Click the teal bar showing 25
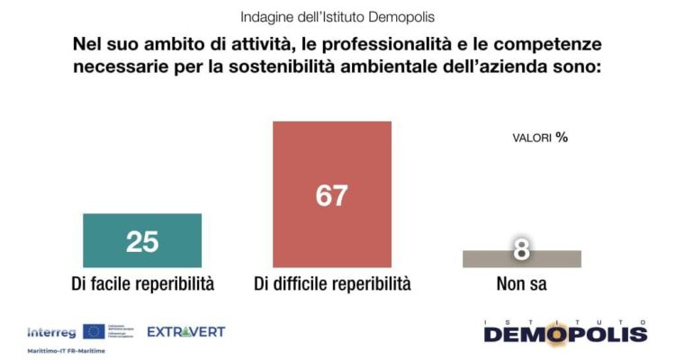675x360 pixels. click(x=142, y=240)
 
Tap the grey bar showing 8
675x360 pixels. click(x=521, y=259)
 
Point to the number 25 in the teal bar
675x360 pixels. click(x=142, y=241)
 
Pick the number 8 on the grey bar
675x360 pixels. click(x=521, y=250)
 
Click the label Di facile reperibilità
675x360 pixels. click(x=142, y=283)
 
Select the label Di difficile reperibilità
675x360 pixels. click(x=332, y=283)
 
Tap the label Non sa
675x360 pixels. click(x=521, y=283)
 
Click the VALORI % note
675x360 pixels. click(x=540, y=138)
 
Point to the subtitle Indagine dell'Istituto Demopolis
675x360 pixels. click(x=337, y=17)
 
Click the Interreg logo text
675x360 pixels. click(x=52, y=331)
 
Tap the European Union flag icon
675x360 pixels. click(x=93, y=331)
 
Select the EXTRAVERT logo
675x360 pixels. click(x=185, y=331)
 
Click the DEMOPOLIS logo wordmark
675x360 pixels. click(x=565, y=334)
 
